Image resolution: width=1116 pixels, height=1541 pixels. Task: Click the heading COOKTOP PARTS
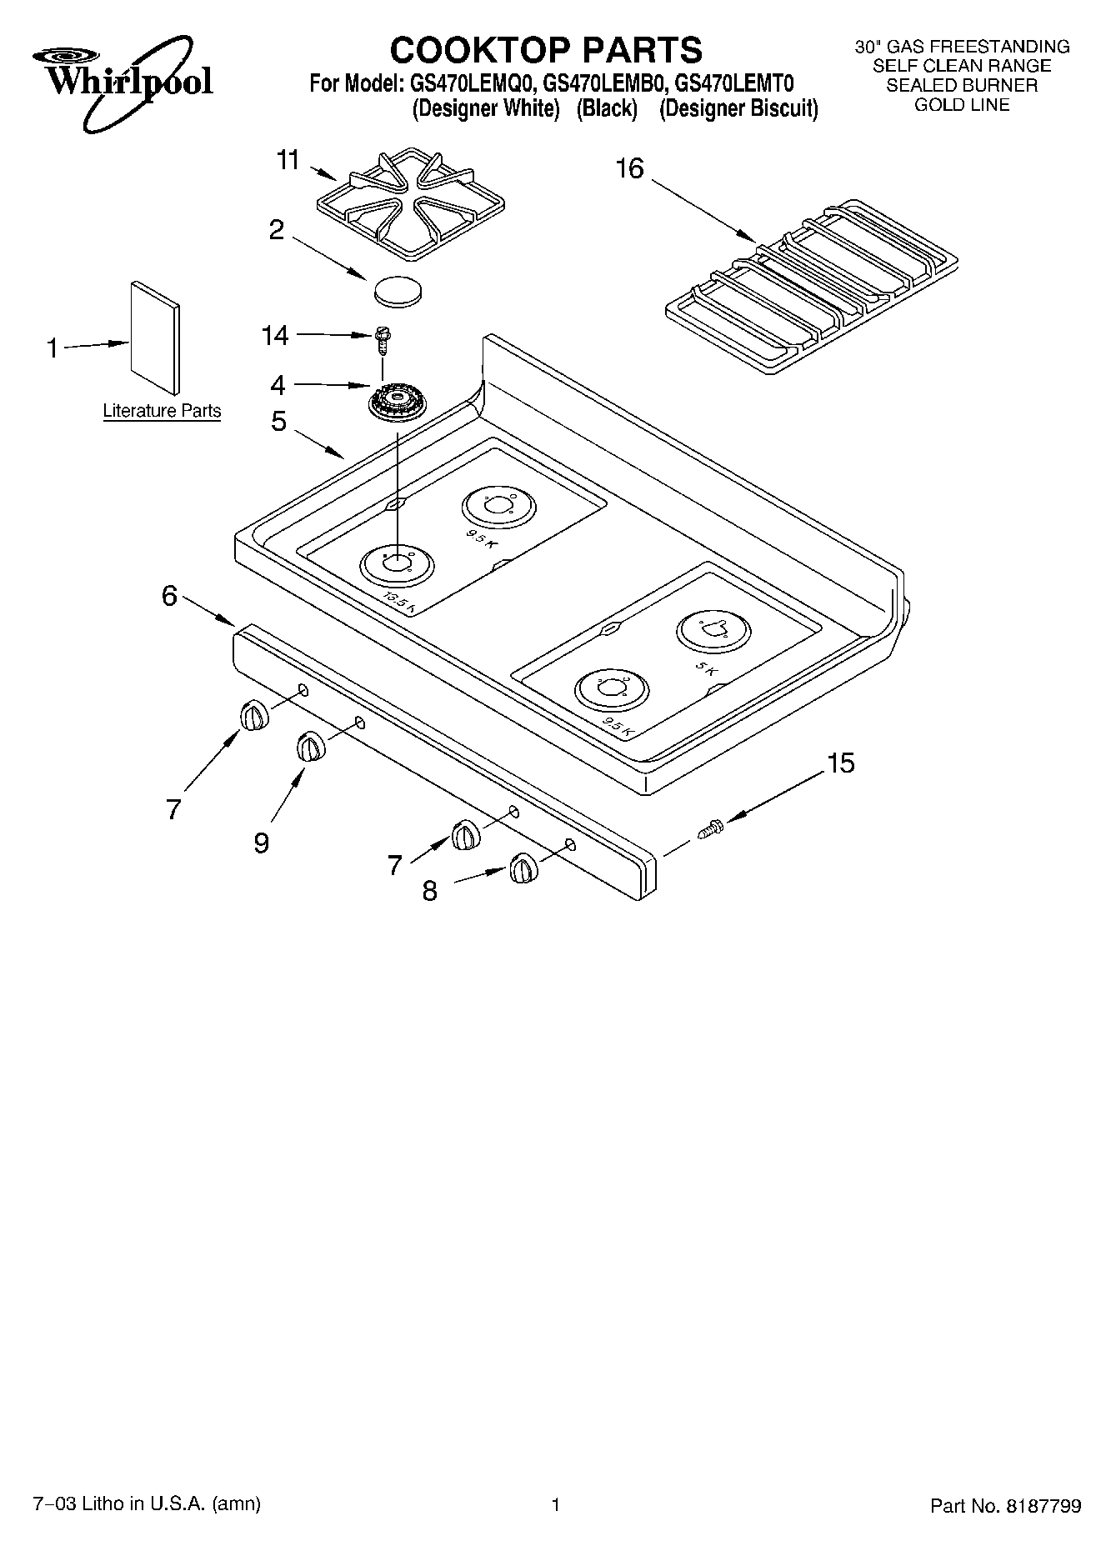tap(546, 50)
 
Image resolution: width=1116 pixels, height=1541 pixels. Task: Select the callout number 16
tap(629, 169)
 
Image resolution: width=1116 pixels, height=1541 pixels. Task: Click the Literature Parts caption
tap(162, 411)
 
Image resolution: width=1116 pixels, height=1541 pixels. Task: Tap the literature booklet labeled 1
tap(155, 337)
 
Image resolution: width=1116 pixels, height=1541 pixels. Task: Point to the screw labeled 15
tap(711, 829)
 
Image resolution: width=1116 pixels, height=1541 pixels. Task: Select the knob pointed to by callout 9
tap(310, 746)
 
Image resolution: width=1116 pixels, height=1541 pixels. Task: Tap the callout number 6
tap(169, 596)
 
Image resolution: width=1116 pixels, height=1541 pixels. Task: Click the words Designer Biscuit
tap(738, 109)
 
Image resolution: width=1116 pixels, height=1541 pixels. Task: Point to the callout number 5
tap(278, 422)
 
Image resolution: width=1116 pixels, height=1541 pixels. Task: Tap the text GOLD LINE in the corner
tap(962, 105)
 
